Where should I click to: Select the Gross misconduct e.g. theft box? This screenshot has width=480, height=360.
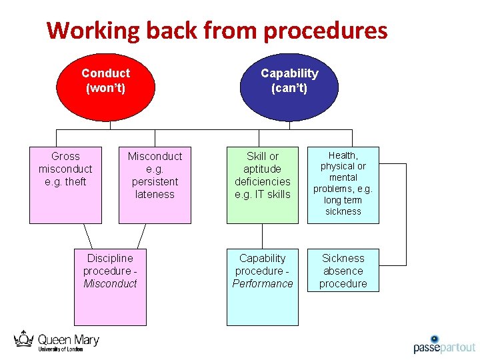click(65, 185)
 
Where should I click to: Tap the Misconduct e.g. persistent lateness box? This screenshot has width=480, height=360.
click(155, 185)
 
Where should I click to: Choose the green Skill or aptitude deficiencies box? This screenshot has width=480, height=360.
click(262, 185)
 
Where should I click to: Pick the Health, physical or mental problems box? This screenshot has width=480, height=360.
click(343, 185)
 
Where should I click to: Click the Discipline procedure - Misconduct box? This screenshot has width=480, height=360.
click(110, 287)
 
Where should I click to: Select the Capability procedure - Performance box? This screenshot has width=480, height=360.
click(262, 287)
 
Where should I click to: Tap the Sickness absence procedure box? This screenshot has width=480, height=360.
click(343, 271)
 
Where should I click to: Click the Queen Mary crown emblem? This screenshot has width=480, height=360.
click(24, 339)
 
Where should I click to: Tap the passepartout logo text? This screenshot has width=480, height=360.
click(444, 347)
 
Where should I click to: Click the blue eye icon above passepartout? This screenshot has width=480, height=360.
click(434, 339)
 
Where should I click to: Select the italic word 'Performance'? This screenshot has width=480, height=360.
click(262, 284)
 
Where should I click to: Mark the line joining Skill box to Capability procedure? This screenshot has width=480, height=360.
click(262, 236)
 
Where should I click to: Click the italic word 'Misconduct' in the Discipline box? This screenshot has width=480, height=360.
click(110, 284)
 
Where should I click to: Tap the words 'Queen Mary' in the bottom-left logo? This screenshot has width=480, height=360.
click(68, 340)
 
